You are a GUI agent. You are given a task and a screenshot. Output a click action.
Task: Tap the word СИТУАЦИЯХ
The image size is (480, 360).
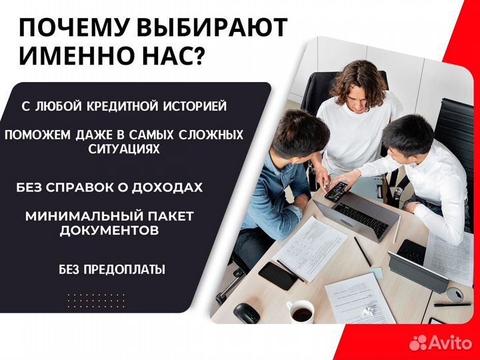(x=124, y=149)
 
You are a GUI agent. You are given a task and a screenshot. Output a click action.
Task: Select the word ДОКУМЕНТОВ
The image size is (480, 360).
(x=109, y=231)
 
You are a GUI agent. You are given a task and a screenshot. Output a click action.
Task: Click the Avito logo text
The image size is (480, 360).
(x=449, y=342)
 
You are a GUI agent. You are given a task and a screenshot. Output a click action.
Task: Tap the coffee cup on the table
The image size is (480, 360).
(x=301, y=312)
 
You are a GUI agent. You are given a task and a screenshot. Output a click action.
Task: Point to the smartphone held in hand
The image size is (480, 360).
(x=337, y=191)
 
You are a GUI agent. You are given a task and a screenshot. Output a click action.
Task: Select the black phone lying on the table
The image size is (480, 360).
(x=277, y=275)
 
